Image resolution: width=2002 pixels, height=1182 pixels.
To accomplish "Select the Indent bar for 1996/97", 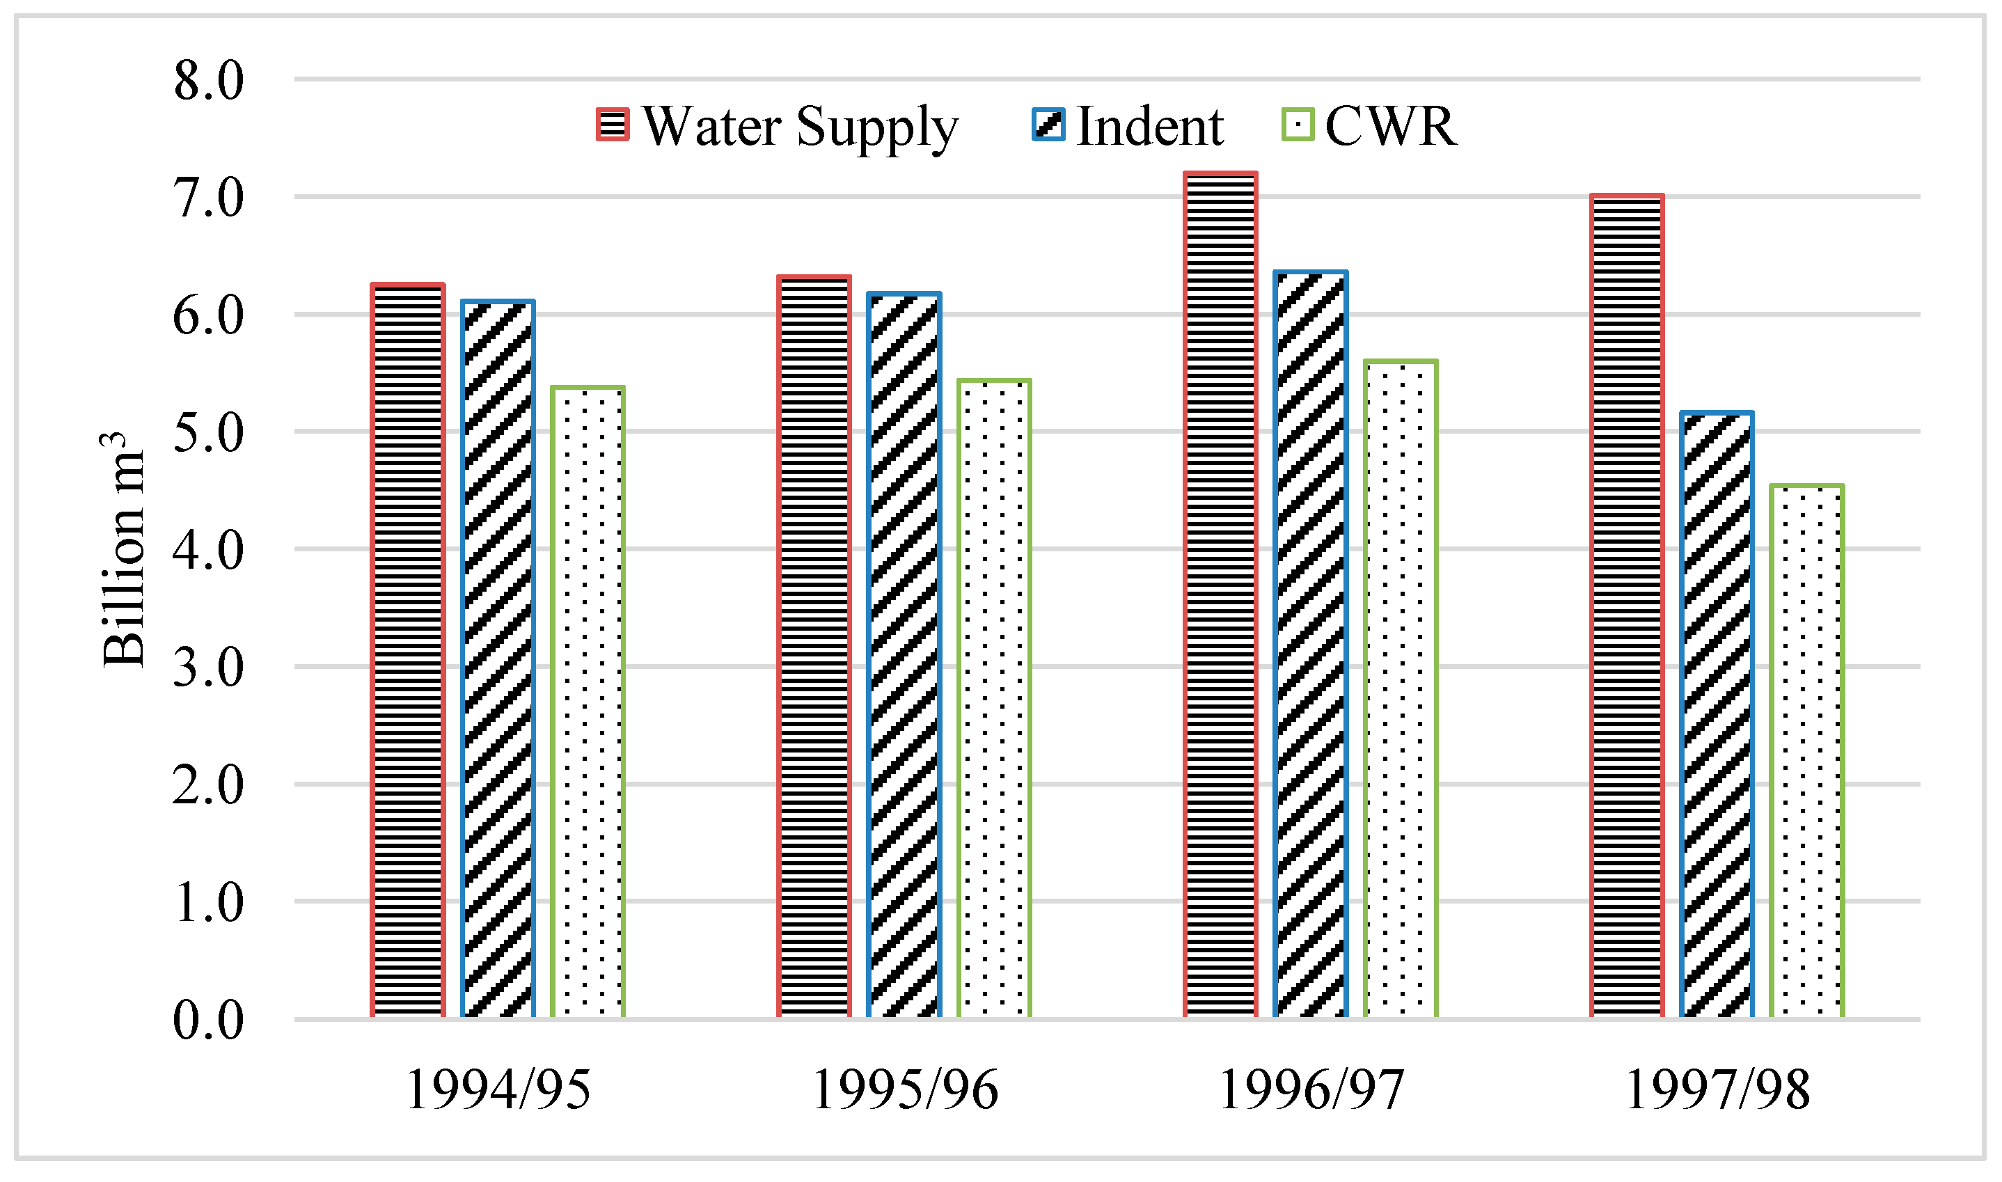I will click(x=1311, y=645).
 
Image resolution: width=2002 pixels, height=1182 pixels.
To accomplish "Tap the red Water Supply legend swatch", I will click(x=613, y=125).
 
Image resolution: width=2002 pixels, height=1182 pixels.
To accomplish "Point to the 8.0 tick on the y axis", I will click(x=209, y=81).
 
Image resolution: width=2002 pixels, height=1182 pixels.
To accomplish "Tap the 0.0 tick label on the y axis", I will click(x=209, y=1021).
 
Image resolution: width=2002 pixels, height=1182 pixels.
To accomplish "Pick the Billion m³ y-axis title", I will click(x=123, y=550).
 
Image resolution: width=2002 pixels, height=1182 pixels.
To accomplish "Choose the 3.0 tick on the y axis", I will click(x=209, y=668).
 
